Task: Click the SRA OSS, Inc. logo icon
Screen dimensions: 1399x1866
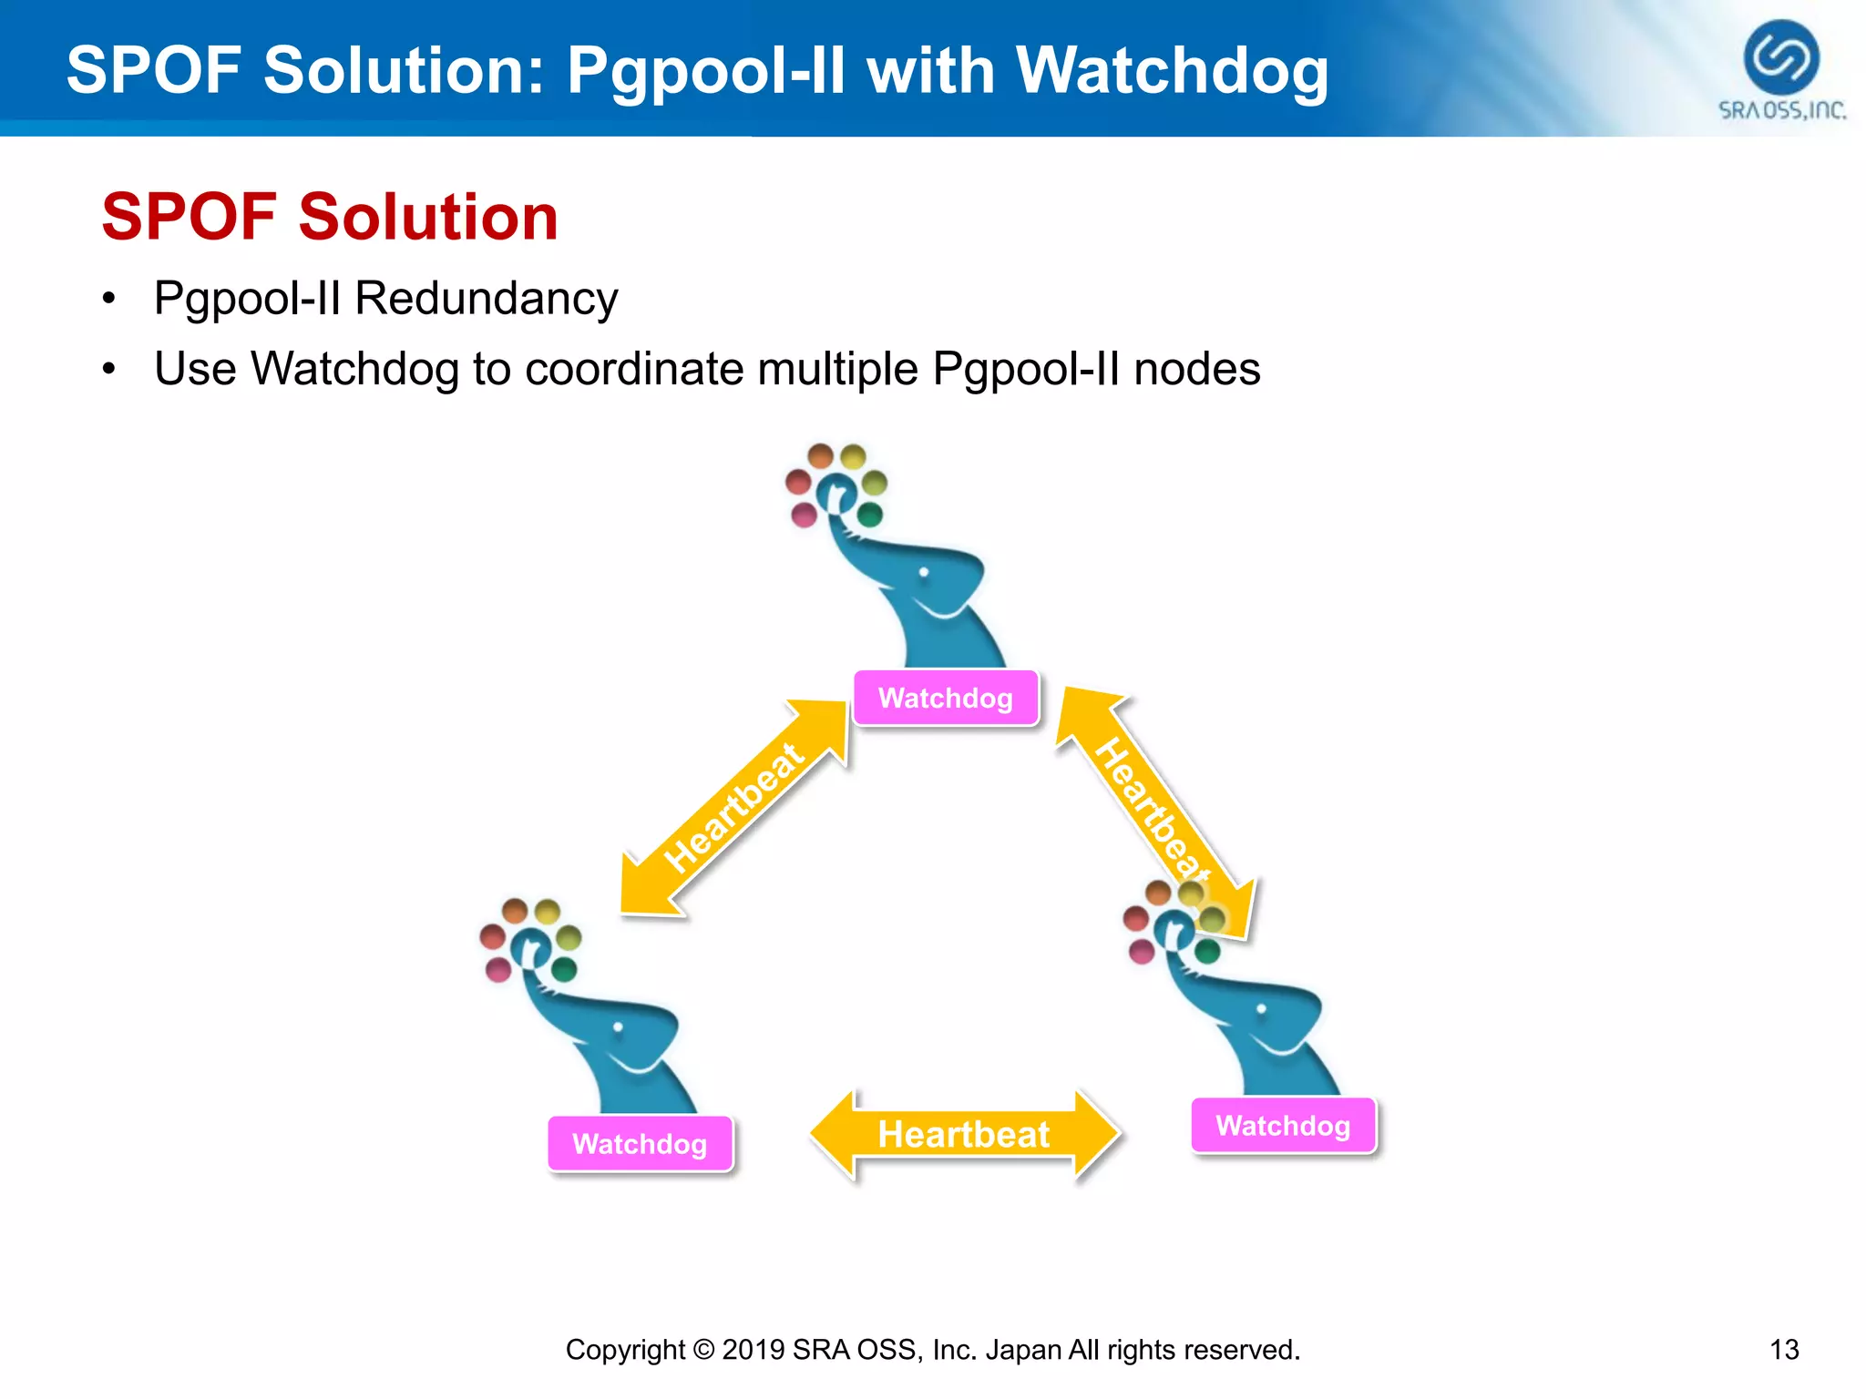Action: pos(1780,57)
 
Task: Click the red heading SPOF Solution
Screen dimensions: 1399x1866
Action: pos(329,218)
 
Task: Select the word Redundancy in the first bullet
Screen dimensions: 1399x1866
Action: pos(486,299)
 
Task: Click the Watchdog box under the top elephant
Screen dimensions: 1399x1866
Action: pos(946,699)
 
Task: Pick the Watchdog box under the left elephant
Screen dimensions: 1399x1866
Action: pos(640,1144)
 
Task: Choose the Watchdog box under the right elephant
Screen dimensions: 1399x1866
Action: pos(1283,1126)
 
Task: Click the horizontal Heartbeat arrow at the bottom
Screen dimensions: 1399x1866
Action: pos(964,1135)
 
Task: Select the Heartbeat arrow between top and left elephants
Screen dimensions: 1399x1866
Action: pos(734,807)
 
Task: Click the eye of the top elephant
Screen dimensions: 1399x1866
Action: pos(924,572)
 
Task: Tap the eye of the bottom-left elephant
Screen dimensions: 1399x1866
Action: pos(618,1026)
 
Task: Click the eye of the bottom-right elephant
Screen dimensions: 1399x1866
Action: pos(1261,1009)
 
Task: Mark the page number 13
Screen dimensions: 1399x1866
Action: pos(1784,1349)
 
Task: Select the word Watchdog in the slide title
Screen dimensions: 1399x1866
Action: pos(1172,71)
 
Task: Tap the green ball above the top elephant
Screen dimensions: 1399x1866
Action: pos(870,515)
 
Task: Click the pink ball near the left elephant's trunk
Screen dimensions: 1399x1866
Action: pos(498,970)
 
